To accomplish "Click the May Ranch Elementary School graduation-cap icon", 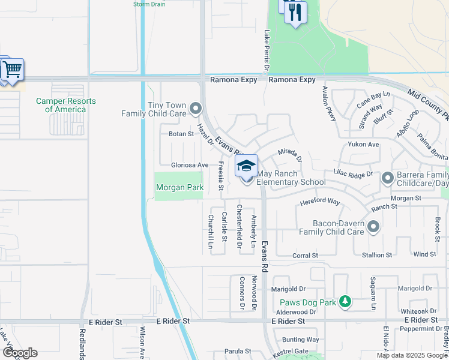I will click(x=246, y=166).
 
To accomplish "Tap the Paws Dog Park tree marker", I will click(x=345, y=302).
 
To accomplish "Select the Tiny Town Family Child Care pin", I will click(x=195, y=109).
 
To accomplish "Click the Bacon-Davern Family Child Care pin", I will click(x=373, y=226).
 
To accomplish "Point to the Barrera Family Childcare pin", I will click(x=387, y=178).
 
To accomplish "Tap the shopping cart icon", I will click(x=11, y=70).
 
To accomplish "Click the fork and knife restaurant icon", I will click(x=295, y=13).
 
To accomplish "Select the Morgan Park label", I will click(x=179, y=188).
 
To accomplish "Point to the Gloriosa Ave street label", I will click(x=190, y=165).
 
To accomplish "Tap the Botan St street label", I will click(x=181, y=134).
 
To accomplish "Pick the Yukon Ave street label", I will click(x=363, y=145).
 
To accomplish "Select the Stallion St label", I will click(x=377, y=255).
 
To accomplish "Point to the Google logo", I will click(x=19, y=353).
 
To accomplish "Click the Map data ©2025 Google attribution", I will click(x=411, y=355).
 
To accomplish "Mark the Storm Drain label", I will click(x=149, y=4).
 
